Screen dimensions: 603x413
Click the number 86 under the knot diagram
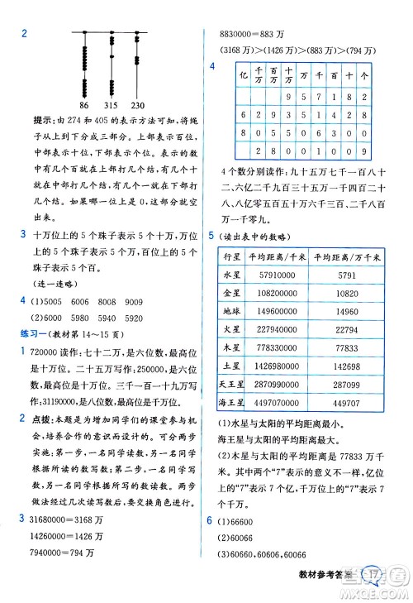pyautogui.click(x=83, y=106)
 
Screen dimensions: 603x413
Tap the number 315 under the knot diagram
pyautogui.click(x=111, y=106)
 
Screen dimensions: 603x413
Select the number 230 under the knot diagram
pyautogui.click(x=138, y=106)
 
